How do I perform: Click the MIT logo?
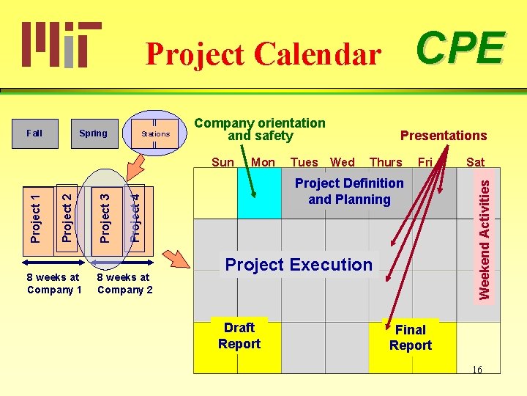(x=61, y=44)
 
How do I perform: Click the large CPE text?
(x=460, y=48)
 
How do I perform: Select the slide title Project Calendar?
(x=263, y=54)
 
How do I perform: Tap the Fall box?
(x=34, y=133)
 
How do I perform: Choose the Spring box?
(x=93, y=133)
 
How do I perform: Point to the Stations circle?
(x=155, y=133)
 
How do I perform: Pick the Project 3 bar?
(x=105, y=217)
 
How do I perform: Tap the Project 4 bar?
(x=135, y=216)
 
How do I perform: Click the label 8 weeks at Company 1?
(x=53, y=283)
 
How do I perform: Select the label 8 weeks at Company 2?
(x=124, y=283)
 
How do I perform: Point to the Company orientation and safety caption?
(x=260, y=130)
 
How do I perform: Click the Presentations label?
(x=443, y=136)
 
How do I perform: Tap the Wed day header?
(x=343, y=163)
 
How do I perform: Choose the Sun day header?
(x=223, y=163)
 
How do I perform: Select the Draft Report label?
(x=239, y=336)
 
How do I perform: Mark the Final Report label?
(x=411, y=338)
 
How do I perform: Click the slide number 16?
(x=476, y=370)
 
